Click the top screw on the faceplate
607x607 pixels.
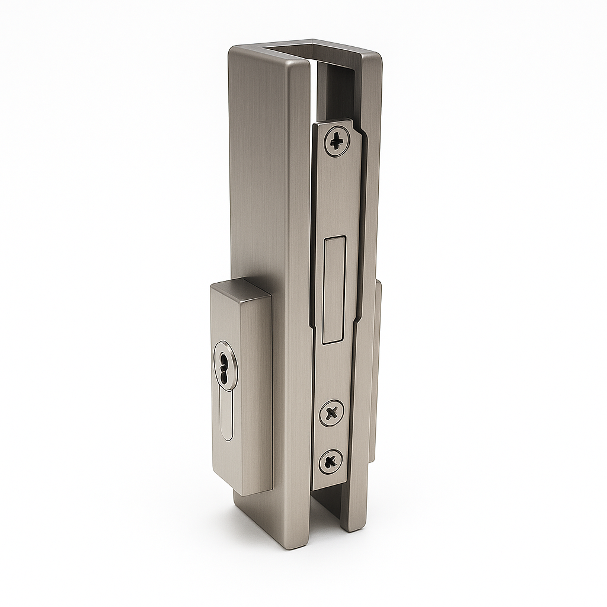pyautogui.click(x=337, y=142)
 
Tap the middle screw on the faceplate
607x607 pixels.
pyautogui.click(x=332, y=412)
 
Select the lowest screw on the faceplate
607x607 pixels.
pyautogui.click(x=330, y=461)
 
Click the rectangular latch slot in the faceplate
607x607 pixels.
pyautogui.click(x=333, y=289)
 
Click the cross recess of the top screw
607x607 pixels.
pyautogui.click(x=337, y=142)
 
